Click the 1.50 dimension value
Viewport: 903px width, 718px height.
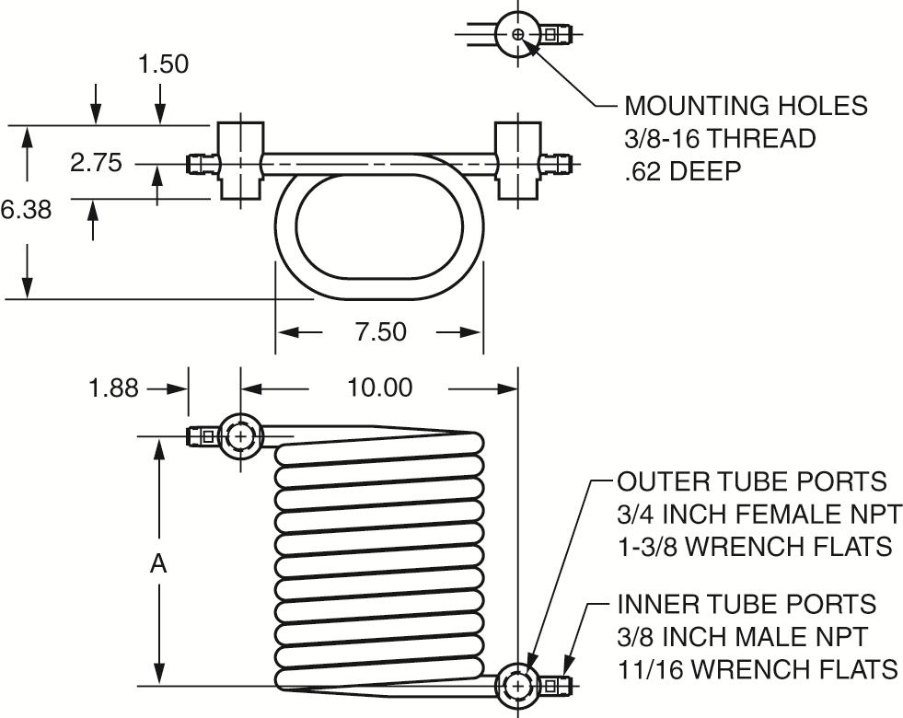click(x=164, y=64)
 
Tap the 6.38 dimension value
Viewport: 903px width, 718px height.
click(x=27, y=210)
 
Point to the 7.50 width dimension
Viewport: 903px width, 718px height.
click(x=381, y=331)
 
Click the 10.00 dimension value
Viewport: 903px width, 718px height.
click(x=379, y=388)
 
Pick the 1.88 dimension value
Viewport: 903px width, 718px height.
click(x=113, y=388)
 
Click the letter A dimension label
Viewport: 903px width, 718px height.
click(x=158, y=563)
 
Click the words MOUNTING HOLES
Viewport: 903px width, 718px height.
click(x=746, y=106)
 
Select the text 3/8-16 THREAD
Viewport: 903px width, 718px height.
click(x=720, y=139)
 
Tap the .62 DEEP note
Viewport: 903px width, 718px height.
click(x=682, y=171)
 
